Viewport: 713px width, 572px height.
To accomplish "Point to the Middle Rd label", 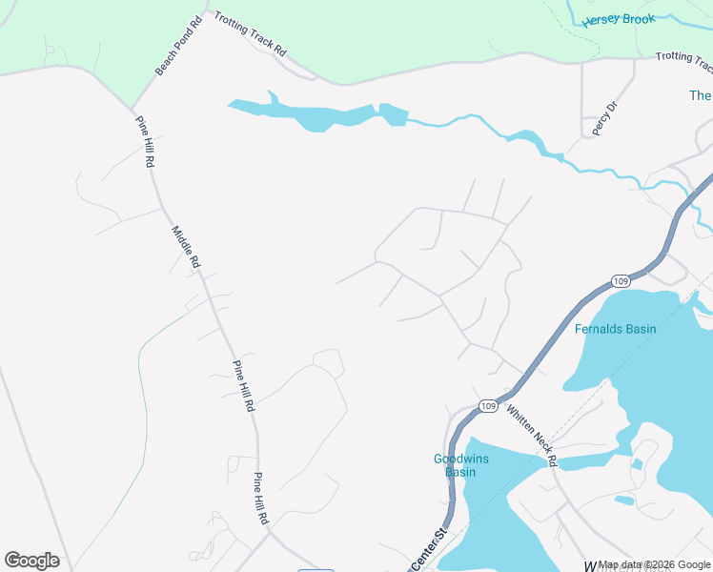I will coord(186,246).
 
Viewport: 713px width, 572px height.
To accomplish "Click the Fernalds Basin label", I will coord(615,329).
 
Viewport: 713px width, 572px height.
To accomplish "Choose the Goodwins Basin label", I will coord(460,464).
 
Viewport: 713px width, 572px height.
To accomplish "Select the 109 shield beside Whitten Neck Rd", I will coord(487,406).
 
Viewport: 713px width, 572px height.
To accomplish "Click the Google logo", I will coord(31,561).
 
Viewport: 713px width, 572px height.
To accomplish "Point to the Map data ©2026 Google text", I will coord(655,565).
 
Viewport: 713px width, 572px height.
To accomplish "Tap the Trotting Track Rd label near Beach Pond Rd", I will coord(250,35).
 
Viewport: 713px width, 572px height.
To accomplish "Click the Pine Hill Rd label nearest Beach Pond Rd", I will coord(145,142).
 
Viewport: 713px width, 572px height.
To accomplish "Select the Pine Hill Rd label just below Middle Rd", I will coord(243,387).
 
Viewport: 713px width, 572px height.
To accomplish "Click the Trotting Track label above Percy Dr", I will coord(683,62).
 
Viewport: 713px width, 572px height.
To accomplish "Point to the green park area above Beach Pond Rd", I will coord(76,29).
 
